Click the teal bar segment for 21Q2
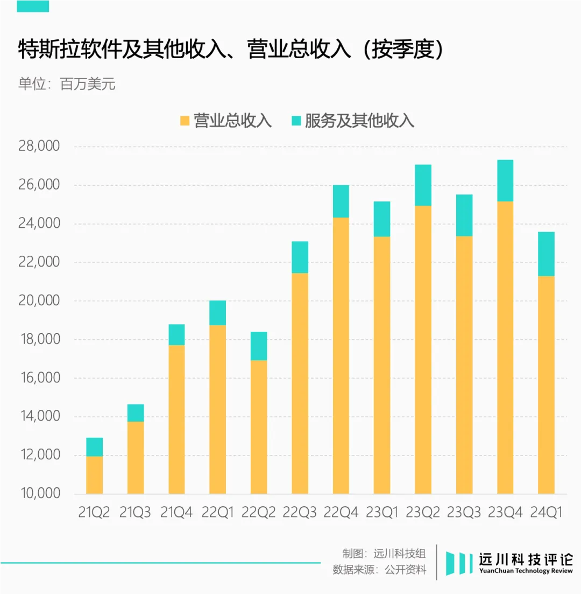[95, 447]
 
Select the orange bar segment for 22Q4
[341, 355]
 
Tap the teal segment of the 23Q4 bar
[505, 180]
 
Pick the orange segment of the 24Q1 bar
[546, 385]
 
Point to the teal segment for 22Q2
[259, 346]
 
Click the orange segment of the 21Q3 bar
[136, 458]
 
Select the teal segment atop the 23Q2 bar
[423, 185]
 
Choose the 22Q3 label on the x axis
[300, 512]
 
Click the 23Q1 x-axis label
[382, 512]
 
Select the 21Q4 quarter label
[176, 512]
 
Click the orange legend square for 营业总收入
[185, 121]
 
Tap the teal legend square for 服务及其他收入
[296, 121]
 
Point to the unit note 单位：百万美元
[67, 85]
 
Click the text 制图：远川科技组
[384, 554]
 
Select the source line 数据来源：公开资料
[379, 570]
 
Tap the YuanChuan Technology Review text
[526, 571]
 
